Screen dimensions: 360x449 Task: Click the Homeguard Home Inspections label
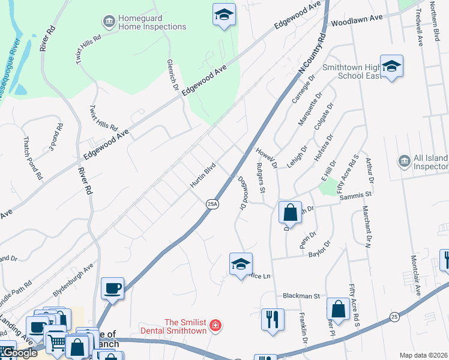tap(152, 23)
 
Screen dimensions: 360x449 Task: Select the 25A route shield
tap(212, 205)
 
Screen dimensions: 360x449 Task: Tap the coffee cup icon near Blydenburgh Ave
tap(112, 288)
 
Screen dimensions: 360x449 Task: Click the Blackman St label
tap(301, 296)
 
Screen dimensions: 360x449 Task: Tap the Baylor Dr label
tap(319, 249)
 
